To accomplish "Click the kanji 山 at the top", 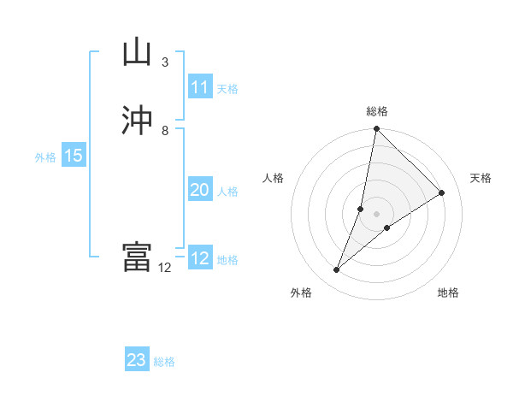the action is (x=137, y=52).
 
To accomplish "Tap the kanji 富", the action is (x=137, y=257).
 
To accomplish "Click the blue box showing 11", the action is (x=200, y=87).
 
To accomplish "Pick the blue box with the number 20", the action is (x=200, y=190).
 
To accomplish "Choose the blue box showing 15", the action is (x=74, y=156).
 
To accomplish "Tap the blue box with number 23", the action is (x=137, y=360).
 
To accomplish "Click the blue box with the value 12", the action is (x=200, y=258).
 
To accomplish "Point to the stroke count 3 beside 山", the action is (x=164, y=62).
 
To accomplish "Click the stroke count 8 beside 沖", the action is (x=164, y=131).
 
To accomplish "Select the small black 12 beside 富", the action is (x=165, y=268).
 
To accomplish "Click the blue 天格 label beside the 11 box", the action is (x=227, y=89).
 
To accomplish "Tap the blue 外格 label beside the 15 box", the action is (x=45, y=157).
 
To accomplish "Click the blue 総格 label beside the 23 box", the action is (x=164, y=362).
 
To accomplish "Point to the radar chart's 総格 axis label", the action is (x=377, y=111).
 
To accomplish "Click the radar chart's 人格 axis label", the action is (x=274, y=178).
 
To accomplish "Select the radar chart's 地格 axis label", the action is (x=448, y=293).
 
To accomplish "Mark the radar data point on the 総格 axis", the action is (x=376, y=129).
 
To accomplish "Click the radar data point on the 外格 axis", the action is (x=337, y=270).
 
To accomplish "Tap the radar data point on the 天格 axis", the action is (x=442, y=193).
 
